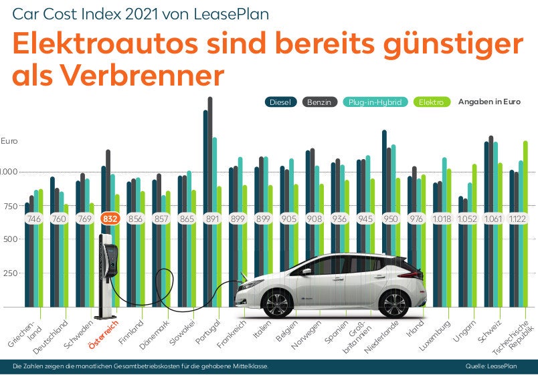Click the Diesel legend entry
click(x=281, y=102)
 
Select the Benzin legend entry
click(x=321, y=102)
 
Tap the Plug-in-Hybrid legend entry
click(x=375, y=102)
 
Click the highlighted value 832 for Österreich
click(x=110, y=218)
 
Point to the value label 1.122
click(x=518, y=218)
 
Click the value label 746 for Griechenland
click(x=34, y=218)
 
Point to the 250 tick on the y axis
click(x=9, y=273)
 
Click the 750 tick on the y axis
click(x=9, y=206)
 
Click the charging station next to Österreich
click(x=108, y=274)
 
